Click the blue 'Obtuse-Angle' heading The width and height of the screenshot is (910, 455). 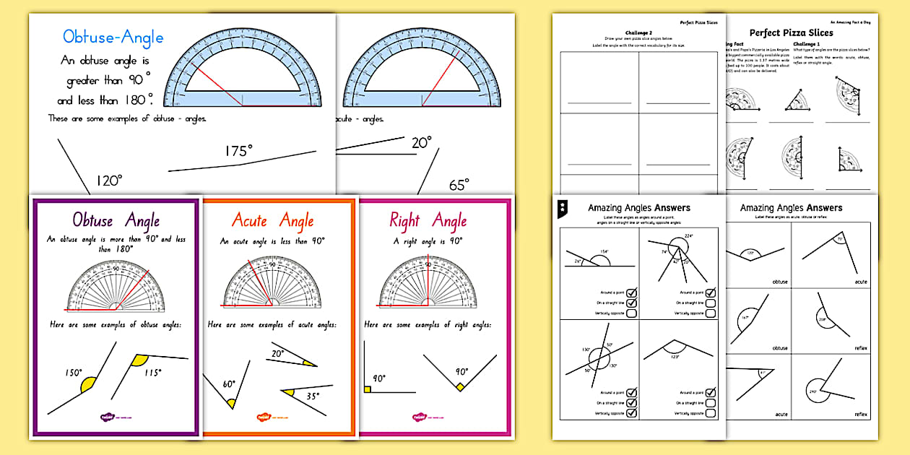(x=113, y=37)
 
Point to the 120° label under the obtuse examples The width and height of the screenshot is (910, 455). (x=109, y=181)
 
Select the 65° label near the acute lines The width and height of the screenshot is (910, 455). (x=459, y=185)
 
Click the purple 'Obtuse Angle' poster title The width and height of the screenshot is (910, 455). (x=116, y=220)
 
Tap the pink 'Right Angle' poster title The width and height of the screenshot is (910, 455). (x=428, y=220)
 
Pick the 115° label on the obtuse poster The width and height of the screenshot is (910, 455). (x=151, y=373)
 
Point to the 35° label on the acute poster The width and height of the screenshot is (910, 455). (x=313, y=396)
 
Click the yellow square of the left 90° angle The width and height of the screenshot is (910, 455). (x=368, y=390)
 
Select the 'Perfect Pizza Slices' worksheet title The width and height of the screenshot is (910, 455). (x=791, y=32)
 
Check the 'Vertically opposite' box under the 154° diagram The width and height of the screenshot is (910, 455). (x=631, y=313)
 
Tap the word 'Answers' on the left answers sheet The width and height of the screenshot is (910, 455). (x=672, y=208)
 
